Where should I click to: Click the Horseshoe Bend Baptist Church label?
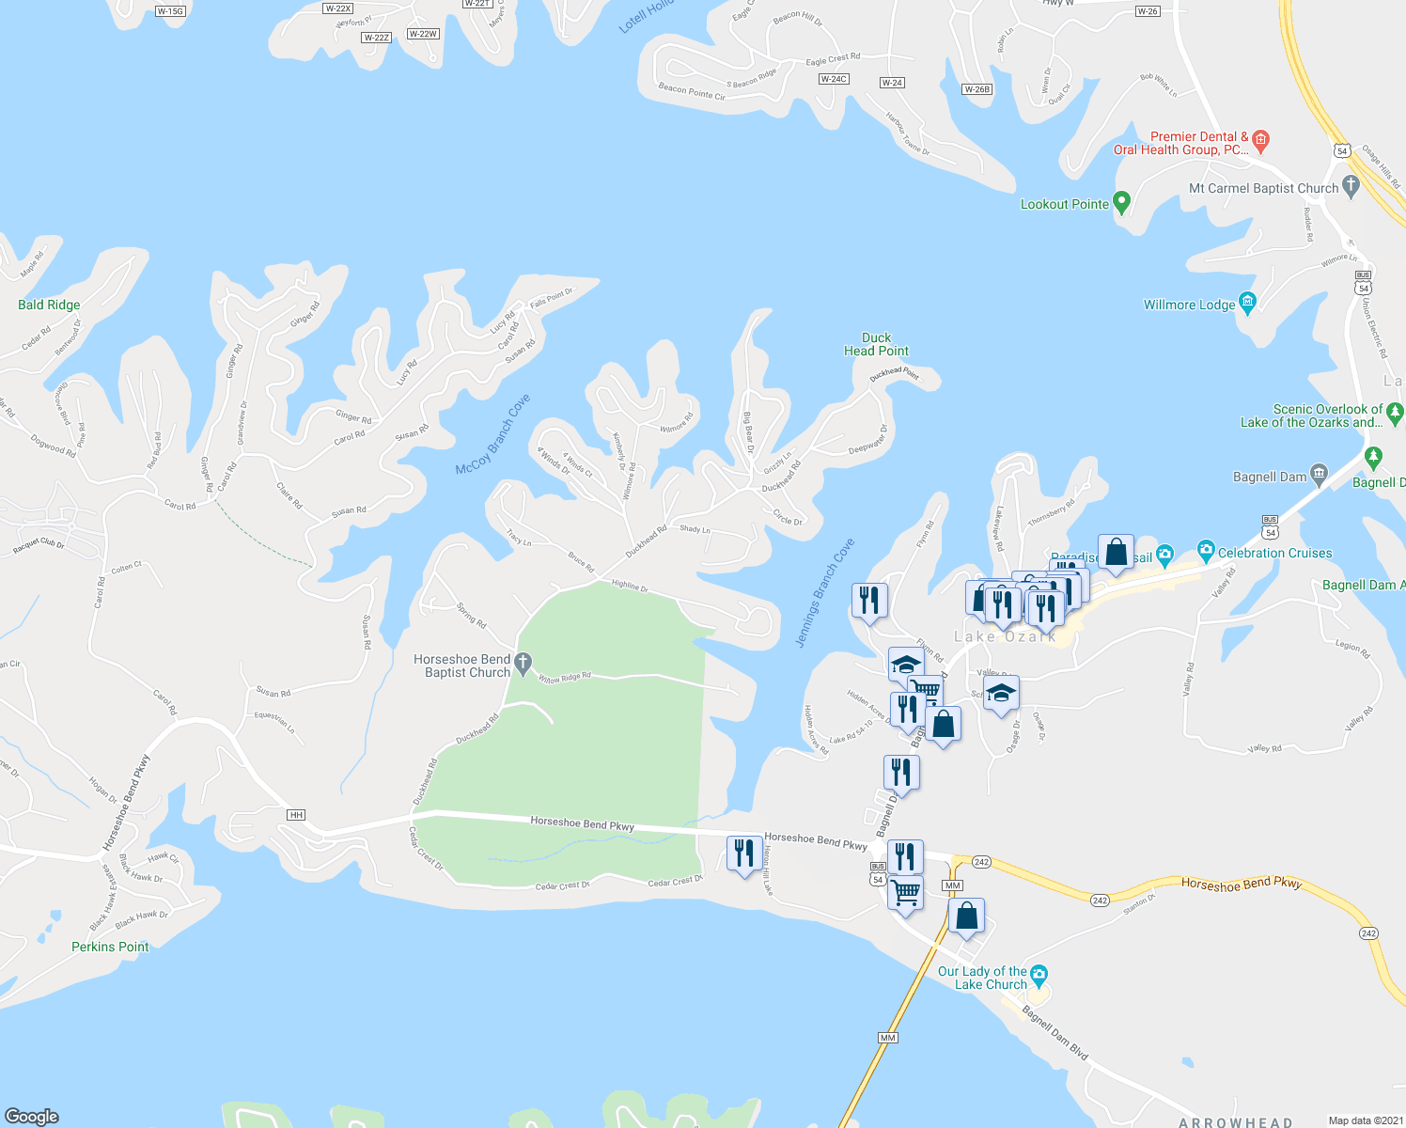(x=462, y=666)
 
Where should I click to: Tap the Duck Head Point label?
(x=876, y=344)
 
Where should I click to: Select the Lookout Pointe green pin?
(x=1121, y=202)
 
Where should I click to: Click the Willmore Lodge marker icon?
(x=1247, y=303)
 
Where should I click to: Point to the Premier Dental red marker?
(x=1261, y=141)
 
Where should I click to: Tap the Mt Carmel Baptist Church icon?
(x=1351, y=186)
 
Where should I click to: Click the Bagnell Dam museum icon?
(x=1319, y=475)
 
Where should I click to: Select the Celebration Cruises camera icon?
(x=1206, y=551)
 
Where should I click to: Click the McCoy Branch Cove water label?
(x=493, y=434)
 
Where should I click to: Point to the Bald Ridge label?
(x=49, y=305)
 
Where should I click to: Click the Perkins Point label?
(x=110, y=947)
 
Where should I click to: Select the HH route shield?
(x=297, y=815)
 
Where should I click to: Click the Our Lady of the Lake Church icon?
(x=1039, y=974)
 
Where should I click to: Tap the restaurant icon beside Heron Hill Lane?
(x=744, y=854)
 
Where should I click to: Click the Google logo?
(x=31, y=1116)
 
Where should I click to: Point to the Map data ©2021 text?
(x=1362, y=1120)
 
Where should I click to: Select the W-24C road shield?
(x=833, y=79)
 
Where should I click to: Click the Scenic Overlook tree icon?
(x=1395, y=412)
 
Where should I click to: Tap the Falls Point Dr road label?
(x=551, y=298)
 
